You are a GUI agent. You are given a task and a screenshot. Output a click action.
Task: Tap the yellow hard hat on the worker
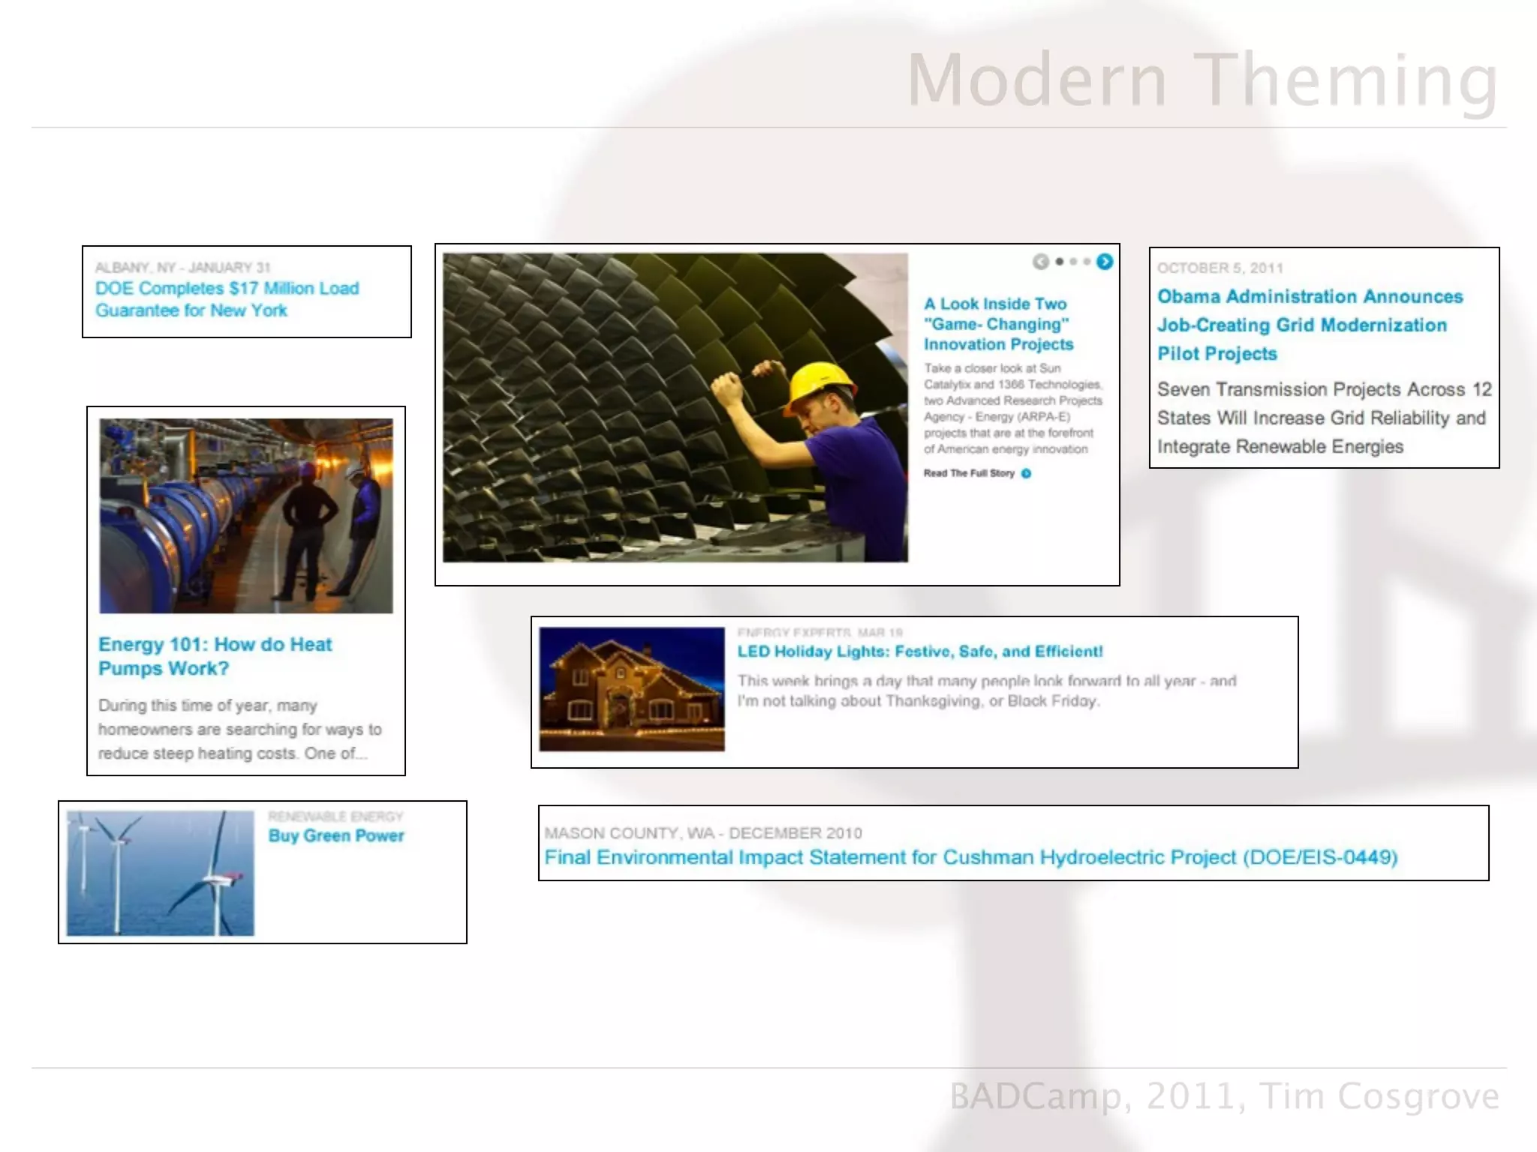(821, 382)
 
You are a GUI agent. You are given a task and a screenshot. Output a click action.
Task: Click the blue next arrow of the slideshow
(1104, 262)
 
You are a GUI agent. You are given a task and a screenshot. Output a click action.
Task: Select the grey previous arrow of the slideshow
(1040, 262)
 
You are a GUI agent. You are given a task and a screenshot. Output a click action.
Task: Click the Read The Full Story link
(970, 473)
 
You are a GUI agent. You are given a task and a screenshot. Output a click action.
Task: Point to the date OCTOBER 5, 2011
(1220, 268)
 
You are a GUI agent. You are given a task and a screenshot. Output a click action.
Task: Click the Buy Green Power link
(336, 835)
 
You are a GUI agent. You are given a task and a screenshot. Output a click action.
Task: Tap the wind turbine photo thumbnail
(160, 873)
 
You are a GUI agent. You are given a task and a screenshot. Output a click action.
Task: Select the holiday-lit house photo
(632, 689)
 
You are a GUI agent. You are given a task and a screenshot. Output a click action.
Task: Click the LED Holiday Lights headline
(920, 652)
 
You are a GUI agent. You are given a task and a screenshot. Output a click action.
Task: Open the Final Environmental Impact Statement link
(970, 857)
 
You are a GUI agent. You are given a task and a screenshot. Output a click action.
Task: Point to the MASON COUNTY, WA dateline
(702, 833)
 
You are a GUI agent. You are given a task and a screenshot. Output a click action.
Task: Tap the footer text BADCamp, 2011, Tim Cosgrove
(1224, 1096)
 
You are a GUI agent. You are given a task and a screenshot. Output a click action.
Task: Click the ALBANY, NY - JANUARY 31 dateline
(182, 268)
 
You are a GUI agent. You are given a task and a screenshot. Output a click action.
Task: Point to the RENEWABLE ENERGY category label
(335, 816)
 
